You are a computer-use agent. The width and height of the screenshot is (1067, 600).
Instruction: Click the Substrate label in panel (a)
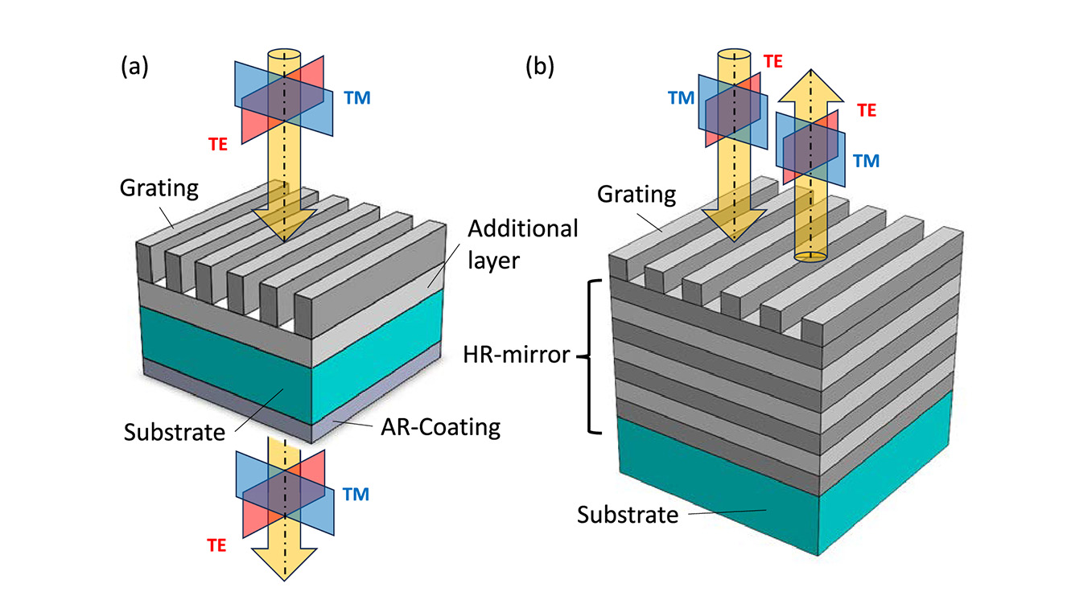click(174, 433)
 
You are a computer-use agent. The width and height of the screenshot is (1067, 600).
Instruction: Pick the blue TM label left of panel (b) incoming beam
click(681, 97)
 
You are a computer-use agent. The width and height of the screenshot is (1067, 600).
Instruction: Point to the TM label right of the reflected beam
click(866, 161)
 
